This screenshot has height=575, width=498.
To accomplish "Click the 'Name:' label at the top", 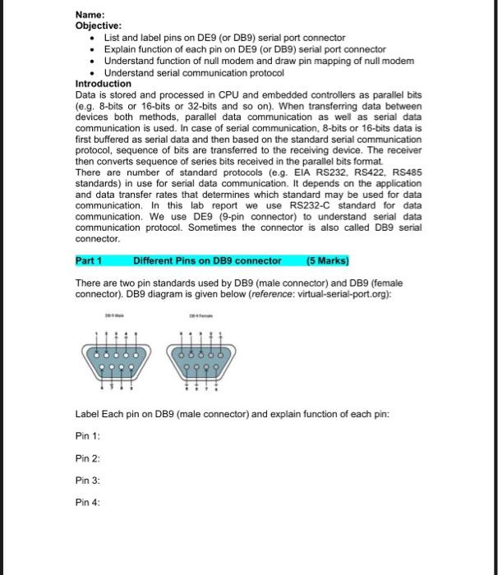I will point(90,15).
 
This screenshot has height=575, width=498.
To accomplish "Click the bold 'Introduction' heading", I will point(104,84).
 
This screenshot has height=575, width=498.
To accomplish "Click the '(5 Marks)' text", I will point(327,261).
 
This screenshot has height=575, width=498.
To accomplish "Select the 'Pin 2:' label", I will point(86,458).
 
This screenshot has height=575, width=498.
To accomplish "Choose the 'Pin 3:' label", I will point(86,480).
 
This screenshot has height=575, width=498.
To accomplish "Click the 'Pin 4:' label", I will point(86,502).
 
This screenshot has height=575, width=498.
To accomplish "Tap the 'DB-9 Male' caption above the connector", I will point(114,315).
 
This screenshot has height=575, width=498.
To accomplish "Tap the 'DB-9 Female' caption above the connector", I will point(200,315).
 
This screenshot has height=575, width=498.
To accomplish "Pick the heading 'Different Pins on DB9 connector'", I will point(207,261).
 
